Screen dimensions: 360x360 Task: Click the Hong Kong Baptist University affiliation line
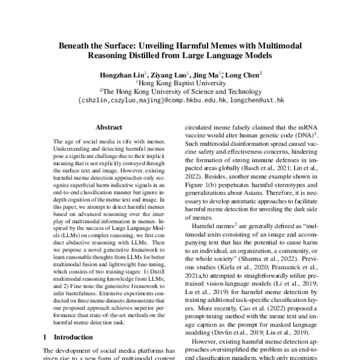click(180, 85)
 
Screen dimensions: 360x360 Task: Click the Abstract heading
click(109, 128)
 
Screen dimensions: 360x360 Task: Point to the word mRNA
click(304, 128)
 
